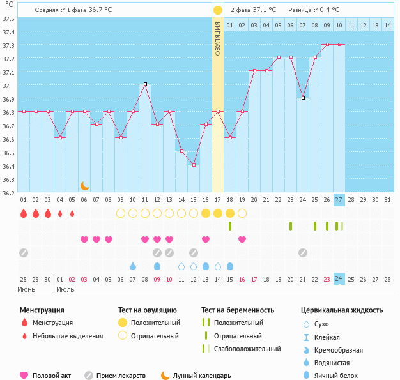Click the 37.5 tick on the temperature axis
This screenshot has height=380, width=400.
8,19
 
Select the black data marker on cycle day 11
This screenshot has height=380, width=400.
145,84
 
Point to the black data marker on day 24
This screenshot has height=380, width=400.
303,98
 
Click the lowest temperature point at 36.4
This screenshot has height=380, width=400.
194,165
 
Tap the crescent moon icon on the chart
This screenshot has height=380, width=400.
85,185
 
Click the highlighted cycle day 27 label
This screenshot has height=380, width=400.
339,200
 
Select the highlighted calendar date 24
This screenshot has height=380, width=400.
339,278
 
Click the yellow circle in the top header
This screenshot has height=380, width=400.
218,10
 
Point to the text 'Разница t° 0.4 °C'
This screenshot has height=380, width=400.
314,10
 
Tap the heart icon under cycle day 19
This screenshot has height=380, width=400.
242,239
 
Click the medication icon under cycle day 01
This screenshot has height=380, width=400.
24,252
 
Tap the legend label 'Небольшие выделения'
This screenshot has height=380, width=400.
67,336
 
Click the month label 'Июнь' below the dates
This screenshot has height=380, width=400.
27,289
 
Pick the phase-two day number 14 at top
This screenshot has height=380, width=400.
387,26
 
